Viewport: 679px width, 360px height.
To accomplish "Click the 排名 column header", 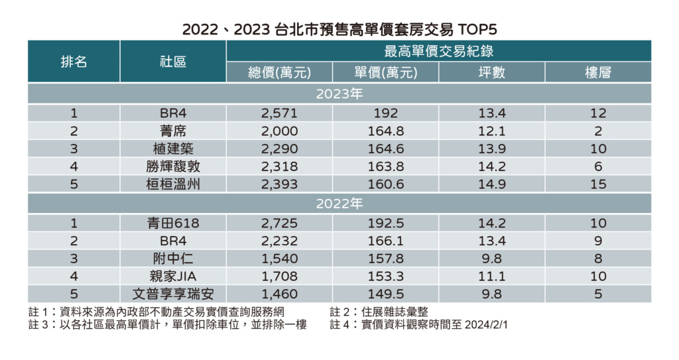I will (x=74, y=62).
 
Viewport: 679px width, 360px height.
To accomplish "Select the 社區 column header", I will (x=173, y=62).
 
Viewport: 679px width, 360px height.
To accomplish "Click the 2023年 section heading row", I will (x=339, y=93).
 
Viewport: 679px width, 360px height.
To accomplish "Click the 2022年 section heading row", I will (x=339, y=204).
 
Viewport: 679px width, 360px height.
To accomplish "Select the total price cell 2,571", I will (x=279, y=113).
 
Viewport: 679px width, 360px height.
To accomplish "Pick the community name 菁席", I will (x=173, y=131).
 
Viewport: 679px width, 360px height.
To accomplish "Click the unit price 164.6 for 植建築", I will (x=385, y=149).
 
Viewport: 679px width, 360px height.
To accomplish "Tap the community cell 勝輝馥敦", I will (x=173, y=167).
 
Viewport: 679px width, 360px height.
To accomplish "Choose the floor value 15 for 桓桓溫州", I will (x=598, y=185).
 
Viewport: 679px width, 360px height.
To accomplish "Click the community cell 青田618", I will (x=173, y=223).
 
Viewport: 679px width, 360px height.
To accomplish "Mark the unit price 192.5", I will (x=385, y=223).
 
